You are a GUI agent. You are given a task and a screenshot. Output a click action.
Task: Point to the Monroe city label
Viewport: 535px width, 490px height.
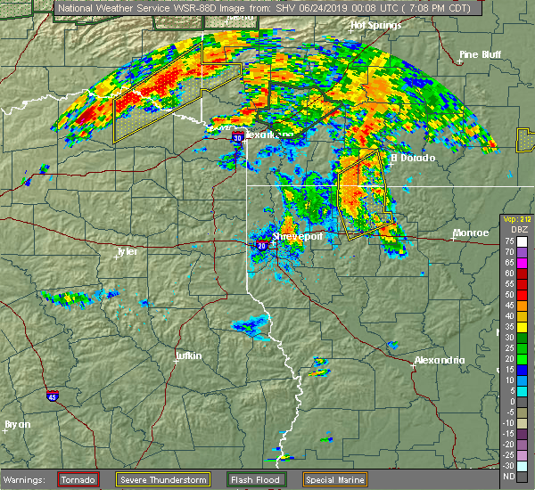pos(471,233)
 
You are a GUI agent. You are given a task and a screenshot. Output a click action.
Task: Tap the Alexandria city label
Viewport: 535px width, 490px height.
pos(440,360)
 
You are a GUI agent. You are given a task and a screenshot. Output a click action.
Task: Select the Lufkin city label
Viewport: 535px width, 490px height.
pos(187,355)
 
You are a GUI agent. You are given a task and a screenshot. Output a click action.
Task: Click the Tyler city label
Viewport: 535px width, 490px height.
pos(127,251)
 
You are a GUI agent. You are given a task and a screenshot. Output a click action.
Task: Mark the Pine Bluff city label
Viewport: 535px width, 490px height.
pos(480,54)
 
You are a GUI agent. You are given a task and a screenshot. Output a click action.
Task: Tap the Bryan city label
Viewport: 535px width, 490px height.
pos(18,424)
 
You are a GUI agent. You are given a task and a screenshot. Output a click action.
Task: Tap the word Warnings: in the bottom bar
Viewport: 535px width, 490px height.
pos(29,480)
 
